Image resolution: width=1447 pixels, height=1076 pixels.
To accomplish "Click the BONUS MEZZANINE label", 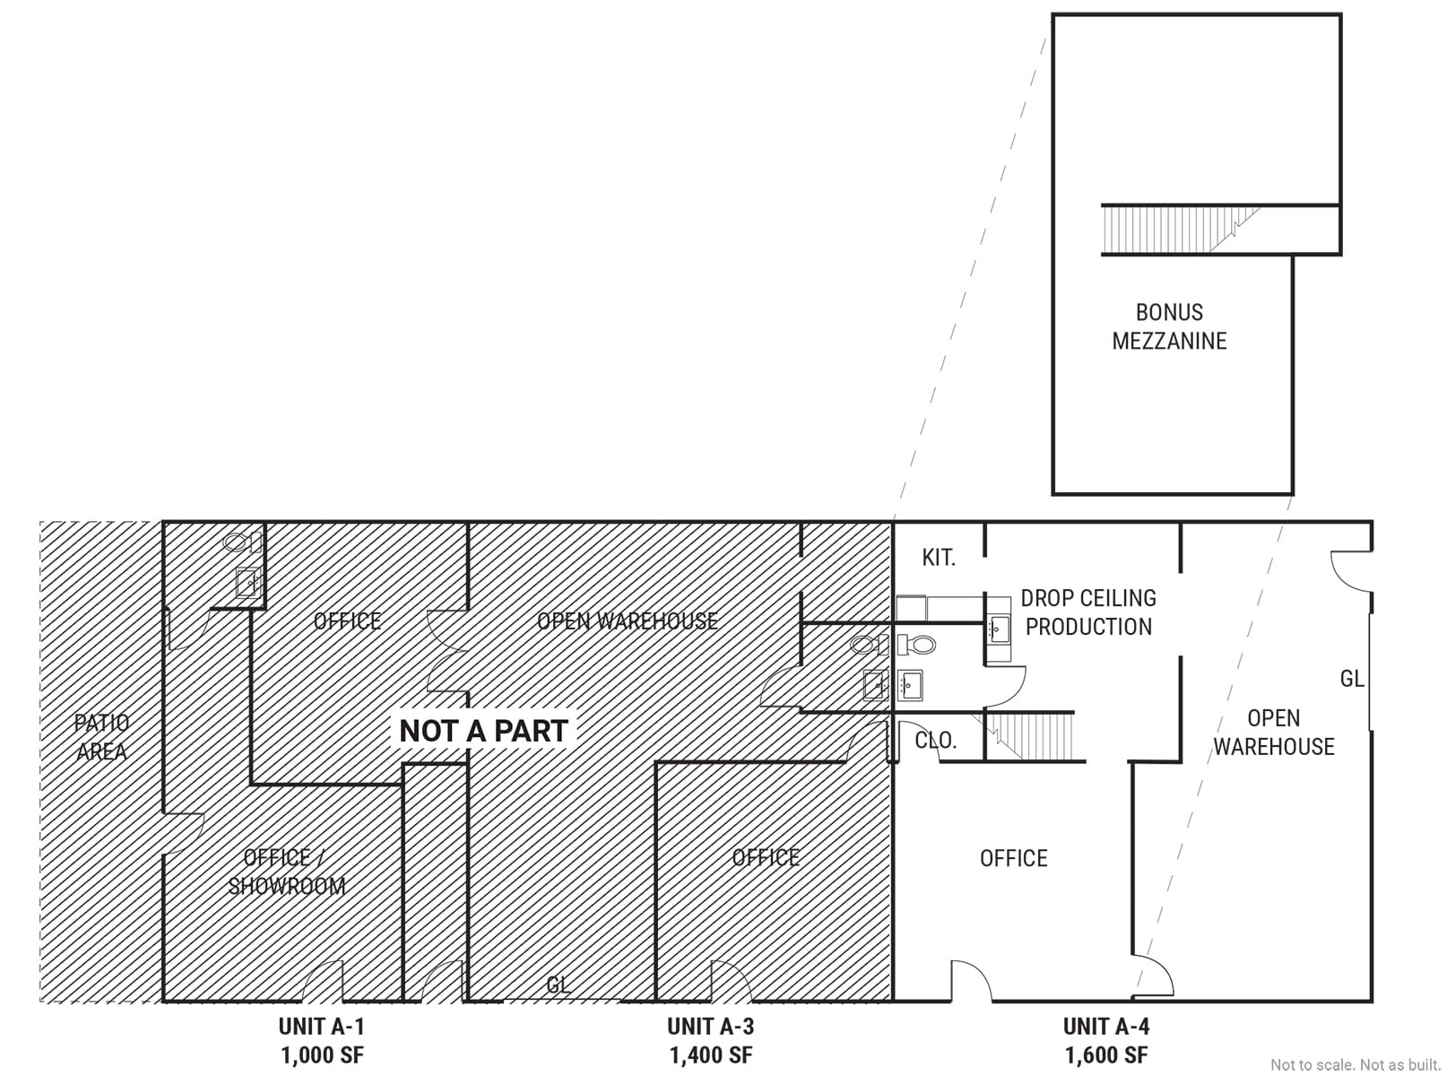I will (x=1169, y=326).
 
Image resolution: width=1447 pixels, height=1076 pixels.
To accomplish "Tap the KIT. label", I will (x=939, y=558).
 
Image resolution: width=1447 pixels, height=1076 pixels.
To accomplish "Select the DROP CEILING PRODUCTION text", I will (x=1088, y=612).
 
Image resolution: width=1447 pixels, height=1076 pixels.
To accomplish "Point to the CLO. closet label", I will (x=936, y=741).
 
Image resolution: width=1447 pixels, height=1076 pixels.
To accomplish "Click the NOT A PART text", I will (x=483, y=731).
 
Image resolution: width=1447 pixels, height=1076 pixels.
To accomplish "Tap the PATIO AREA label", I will (x=101, y=737).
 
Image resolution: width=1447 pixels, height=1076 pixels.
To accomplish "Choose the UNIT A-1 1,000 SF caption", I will (x=322, y=1040).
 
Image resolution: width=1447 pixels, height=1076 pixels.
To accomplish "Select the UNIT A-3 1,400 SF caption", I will (x=710, y=1040).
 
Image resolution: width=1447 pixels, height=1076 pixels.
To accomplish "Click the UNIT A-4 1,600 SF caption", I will (x=1106, y=1040).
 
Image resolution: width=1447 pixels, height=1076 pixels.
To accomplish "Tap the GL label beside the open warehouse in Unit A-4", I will (x=1352, y=680).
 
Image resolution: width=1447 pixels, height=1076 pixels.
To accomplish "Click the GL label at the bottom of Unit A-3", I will (x=559, y=985).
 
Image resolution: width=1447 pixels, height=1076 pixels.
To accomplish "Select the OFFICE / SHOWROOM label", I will (x=287, y=872).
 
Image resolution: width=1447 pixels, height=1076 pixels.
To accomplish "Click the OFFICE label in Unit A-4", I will (x=1013, y=858).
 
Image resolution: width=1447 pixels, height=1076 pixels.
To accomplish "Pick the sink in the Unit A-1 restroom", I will (x=248, y=583).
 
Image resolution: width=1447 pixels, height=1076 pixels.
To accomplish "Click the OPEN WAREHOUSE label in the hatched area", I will (x=627, y=620).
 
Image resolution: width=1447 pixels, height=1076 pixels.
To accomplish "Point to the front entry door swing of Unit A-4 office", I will (x=970, y=981).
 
